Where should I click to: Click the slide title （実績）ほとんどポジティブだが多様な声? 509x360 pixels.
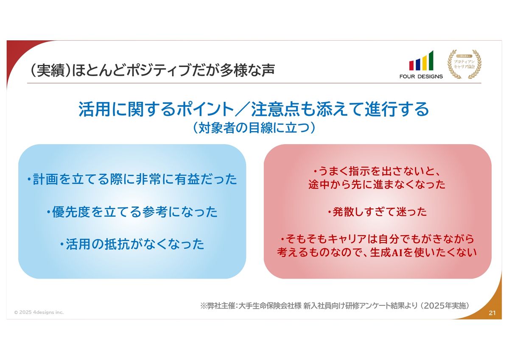tap(152, 70)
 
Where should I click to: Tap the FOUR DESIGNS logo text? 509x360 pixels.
tap(421, 77)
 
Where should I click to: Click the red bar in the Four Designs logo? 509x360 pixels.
tap(411, 65)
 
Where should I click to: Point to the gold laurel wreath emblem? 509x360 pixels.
tap(464, 64)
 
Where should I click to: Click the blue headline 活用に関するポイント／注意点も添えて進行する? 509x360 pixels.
tap(254, 109)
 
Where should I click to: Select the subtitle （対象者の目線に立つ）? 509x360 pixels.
tap(254, 128)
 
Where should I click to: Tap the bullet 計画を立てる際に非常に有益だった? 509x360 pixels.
tap(132, 179)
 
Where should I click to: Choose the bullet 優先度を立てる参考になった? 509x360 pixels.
tap(132, 212)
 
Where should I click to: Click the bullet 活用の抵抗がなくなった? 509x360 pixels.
tap(132, 244)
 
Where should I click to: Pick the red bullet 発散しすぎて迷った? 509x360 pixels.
tap(378, 212)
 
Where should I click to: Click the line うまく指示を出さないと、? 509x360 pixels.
tap(378, 171)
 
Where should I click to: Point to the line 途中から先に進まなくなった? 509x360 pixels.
tap(377, 184)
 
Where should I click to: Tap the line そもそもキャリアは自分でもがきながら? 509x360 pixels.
tap(378, 239)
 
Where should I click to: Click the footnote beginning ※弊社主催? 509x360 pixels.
tap(335, 306)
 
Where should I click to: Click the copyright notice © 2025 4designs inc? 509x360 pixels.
tap(39, 313)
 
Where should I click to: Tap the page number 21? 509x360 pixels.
tap(492, 313)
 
